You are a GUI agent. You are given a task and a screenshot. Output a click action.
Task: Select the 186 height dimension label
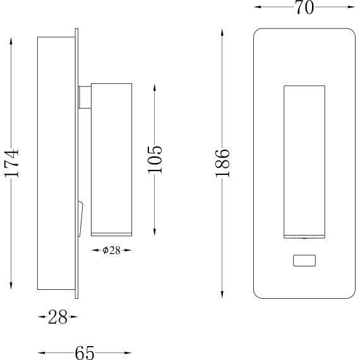pos(222,163)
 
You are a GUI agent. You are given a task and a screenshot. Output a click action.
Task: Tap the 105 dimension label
pos(155,159)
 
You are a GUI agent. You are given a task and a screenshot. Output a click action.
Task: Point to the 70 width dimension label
pos(304,8)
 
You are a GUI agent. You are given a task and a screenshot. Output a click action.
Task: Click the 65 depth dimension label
pos(85,352)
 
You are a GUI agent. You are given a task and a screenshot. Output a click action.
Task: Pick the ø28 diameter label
pos(111,250)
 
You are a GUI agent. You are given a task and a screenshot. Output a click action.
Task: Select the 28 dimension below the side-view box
pos(57,318)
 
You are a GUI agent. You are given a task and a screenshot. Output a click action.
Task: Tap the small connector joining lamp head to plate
pos(85,99)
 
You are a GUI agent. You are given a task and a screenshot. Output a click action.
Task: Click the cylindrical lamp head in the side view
pos(111,158)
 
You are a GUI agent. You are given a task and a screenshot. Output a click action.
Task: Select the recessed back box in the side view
pos(55,165)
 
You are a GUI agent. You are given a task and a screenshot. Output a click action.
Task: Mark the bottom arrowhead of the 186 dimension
pos(222,295)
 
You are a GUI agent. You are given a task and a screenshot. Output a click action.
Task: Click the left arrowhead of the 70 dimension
pos(257,8)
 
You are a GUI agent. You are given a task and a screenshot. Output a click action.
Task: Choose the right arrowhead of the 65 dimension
pos(129,352)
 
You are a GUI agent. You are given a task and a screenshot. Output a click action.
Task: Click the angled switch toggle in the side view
pos(80,218)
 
